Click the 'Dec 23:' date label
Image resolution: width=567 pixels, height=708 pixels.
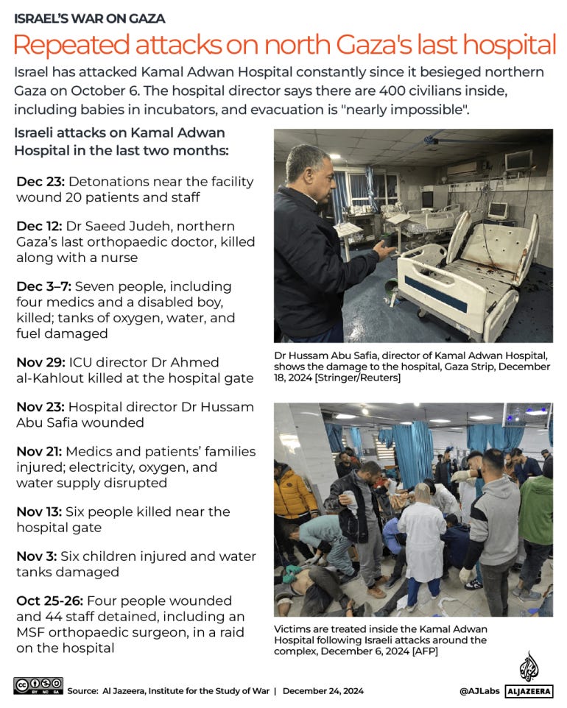click(x=39, y=182)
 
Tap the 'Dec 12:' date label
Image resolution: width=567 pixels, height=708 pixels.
click(x=39, y=226)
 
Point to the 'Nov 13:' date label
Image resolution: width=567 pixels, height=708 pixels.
click(x=38, y=511)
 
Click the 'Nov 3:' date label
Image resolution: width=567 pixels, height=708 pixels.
click(x=35, y=556)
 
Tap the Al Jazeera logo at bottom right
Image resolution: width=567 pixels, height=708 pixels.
click(x=529, y=674)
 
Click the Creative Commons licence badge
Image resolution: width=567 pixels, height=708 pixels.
click(x=38, y=686)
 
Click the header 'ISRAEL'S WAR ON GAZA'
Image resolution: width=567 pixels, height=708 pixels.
click(x=89, y=18)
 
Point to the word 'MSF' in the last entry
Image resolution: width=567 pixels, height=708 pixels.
click(x=34, y=632)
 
